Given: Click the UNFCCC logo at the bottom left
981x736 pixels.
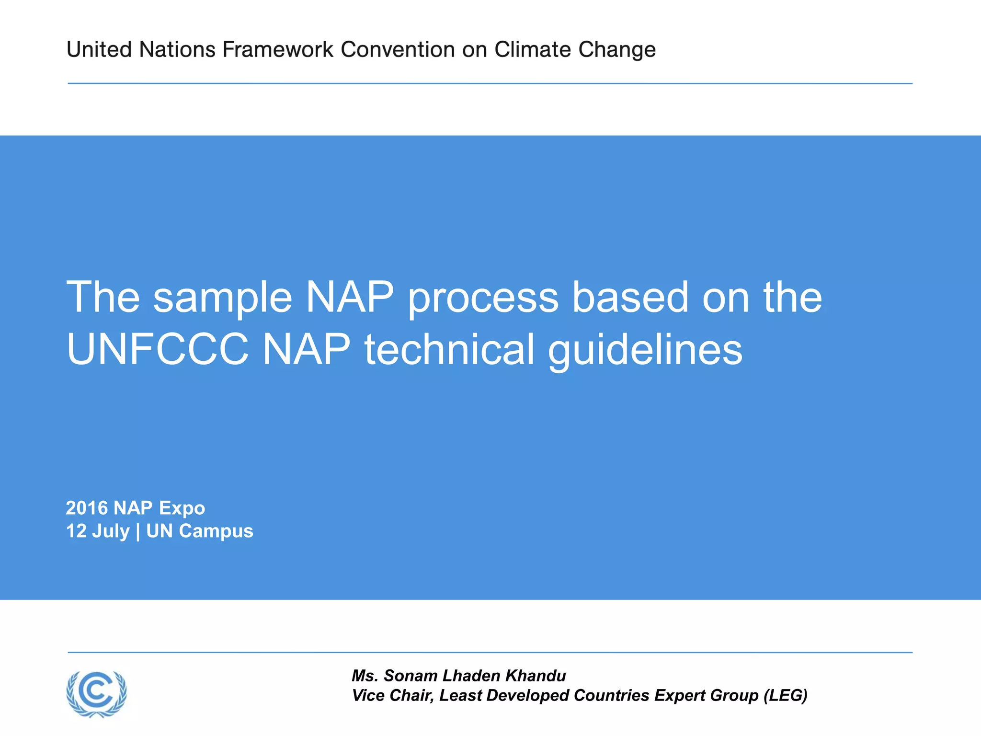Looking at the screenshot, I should point(97,694).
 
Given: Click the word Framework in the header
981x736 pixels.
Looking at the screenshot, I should point(278,50).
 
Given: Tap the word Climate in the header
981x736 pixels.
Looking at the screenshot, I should point(533,50).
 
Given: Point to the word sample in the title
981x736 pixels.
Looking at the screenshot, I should point(222,298).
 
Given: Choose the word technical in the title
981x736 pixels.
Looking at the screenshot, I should point(449,350).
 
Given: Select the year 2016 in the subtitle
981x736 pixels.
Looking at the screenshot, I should point(86,508).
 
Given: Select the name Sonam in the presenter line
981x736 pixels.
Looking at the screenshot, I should point(411,676).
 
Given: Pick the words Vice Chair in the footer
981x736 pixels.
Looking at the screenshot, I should point(392,695).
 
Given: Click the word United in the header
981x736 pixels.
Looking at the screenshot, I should point(99,50).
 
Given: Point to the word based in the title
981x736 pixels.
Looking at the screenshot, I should point(630,298).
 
